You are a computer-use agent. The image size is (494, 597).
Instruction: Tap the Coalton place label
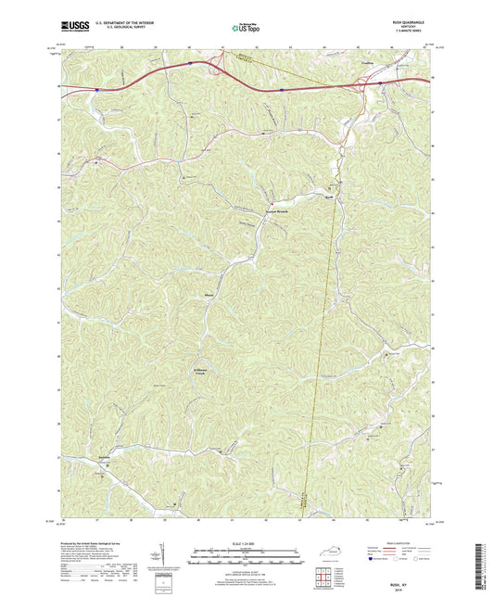tap(366, 67)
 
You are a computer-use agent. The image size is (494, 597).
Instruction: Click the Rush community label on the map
tap(328, 195)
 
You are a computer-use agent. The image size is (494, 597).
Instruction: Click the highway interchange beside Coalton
tap(378, 84)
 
